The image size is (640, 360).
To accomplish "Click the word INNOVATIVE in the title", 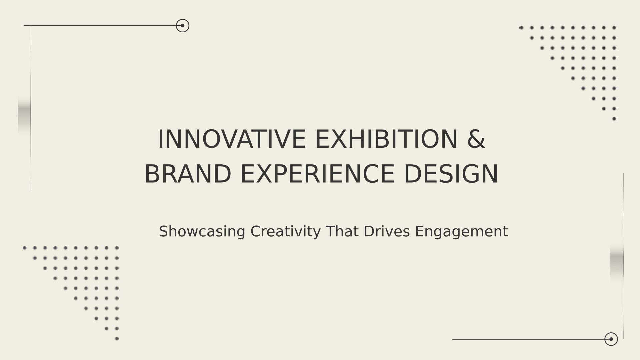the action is pos(232,139).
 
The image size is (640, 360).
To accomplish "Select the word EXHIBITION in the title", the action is pos(386,139).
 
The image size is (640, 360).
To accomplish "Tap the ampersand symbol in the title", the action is pos(476,139).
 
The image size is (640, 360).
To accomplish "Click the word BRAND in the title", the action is pos(188,174).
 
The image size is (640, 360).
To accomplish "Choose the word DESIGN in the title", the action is pos(451,174).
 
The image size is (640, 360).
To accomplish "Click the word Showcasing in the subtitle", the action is pos(202,231).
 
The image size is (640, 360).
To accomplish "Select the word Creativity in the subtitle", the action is pos(286,231).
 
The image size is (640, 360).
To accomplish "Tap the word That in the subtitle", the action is pos(342,231).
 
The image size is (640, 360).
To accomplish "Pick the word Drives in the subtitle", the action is pos(386,231).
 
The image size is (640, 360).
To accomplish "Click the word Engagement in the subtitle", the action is pos(461,231).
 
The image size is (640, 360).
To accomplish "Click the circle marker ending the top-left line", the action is pos(183,26).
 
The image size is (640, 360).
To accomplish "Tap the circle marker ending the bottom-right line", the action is pos(611,339).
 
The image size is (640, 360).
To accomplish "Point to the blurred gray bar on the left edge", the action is pos(24,114).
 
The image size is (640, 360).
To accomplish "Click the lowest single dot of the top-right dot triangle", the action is pos(614,119).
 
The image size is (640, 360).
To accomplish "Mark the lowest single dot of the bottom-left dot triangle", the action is pos(117,339).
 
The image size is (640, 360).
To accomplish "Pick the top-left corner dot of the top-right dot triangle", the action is pos(521,28).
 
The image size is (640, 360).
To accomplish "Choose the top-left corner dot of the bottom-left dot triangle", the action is pos(24,248).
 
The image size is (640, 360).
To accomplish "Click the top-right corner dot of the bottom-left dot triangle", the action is pos(117,248).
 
